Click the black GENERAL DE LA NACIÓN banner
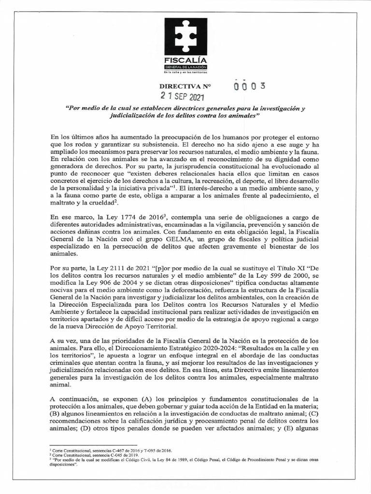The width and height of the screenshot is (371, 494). pyautogui.click(x=185, y=66)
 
